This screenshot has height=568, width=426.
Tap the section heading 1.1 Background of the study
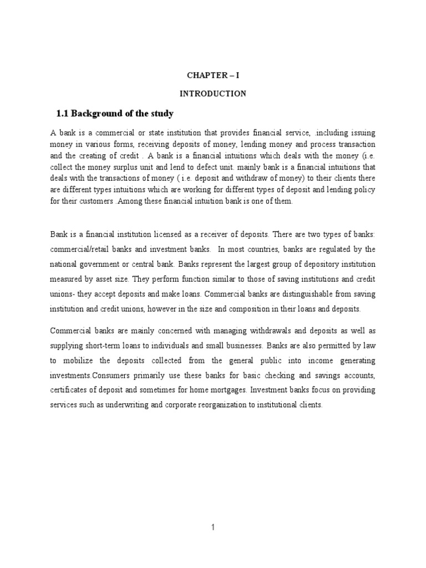[x=115, y=114]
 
